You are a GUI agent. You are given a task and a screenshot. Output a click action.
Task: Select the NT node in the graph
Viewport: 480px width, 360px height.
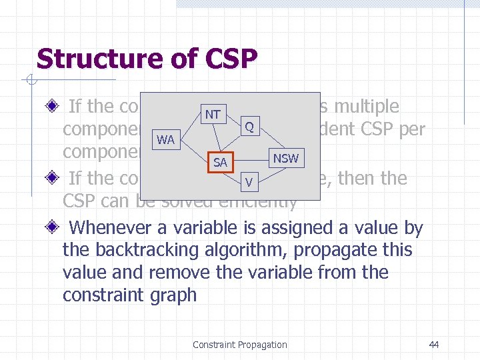point(212,114)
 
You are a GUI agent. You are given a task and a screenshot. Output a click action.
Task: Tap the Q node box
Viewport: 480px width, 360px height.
point(248,126)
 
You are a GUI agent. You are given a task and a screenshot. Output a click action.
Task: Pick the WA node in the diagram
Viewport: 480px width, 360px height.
point(165,140)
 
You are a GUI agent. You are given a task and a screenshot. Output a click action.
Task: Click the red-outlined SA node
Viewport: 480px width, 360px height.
point(220,163)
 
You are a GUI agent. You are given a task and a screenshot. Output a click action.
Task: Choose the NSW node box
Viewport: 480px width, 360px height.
point(285,158)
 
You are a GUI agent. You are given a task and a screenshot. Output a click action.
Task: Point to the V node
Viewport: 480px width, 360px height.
point(248,182)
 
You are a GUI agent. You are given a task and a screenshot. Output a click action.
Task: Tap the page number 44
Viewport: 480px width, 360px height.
point(434,345)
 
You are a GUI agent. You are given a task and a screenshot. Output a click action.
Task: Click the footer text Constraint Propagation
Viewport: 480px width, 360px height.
point(239,345)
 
